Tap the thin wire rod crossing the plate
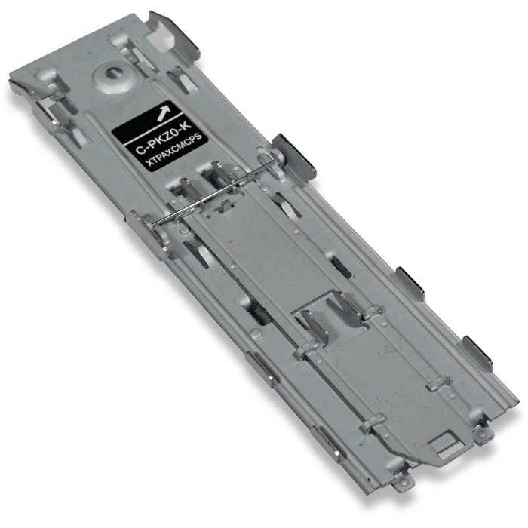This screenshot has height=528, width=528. coord(211,198)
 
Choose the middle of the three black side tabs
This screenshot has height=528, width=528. coord(410,282)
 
